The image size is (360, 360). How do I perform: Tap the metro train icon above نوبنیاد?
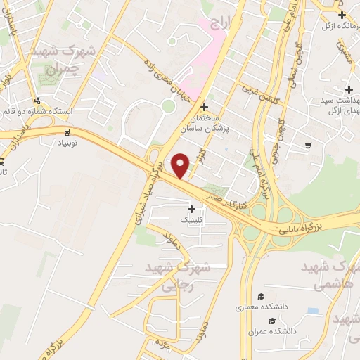[x=66, y=131]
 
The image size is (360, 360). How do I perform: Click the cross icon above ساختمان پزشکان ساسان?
[x=205, y=108]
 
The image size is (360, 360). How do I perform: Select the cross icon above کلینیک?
[x=191, y=209]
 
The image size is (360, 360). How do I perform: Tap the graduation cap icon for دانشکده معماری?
[x=261, y=297]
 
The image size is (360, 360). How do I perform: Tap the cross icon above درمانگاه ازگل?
[x=341, y=15]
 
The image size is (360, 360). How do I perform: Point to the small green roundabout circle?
[x=168, y=105]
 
